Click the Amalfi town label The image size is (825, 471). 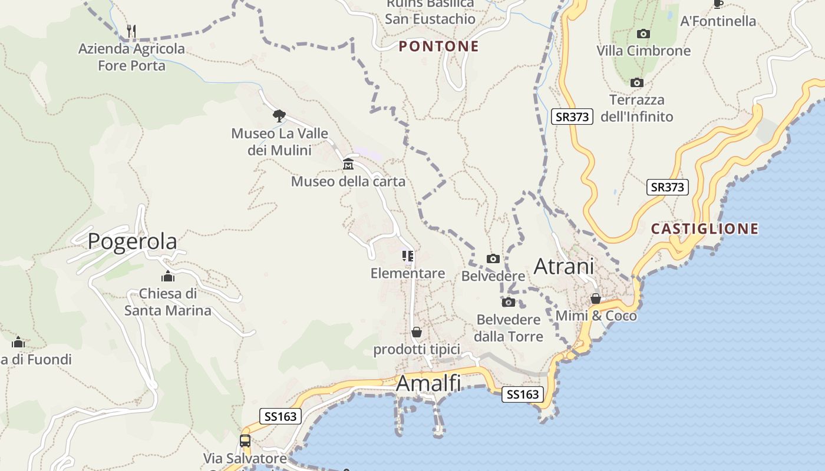(x=428, y=383)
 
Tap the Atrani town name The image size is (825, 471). (x=563, y=266)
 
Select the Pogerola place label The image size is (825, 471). (x=132, y=241)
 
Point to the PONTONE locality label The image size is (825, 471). (x=439, y=47)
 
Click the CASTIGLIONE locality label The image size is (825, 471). (x=705, y=228)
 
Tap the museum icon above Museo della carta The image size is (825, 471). (x=348, y=164)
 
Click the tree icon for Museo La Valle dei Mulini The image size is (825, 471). (x=279, y=115)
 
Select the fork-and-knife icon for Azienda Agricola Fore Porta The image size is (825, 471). (x=132, y=31)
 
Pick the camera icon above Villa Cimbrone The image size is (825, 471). (x=643, y=34)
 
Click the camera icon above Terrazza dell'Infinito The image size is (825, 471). (x=636, y=82)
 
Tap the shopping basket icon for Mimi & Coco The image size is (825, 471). (x=596, y=298)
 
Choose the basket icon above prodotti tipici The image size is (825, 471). (x=417, y=332)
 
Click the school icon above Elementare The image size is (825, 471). (x=408, y=256)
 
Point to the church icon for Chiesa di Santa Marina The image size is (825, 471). (x=168, y=276)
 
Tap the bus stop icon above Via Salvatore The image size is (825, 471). (x=245, y=440)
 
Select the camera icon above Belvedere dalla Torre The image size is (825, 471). (x=508, y=303)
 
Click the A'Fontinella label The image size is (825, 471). (x=718, y=21)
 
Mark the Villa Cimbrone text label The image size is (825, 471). (x=643, y=51)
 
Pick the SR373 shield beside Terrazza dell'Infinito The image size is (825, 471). (x=572, y=117)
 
